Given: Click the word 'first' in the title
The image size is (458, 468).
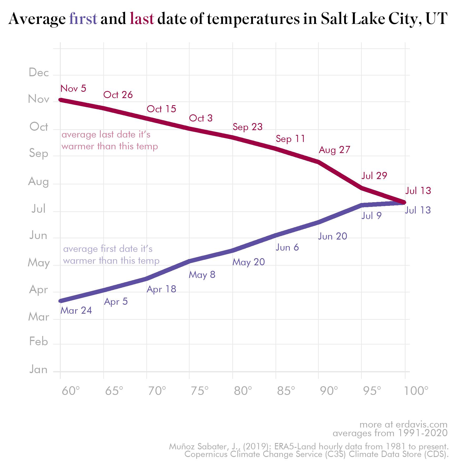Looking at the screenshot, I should click(83, 19).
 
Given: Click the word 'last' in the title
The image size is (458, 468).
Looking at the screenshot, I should click(142, 19).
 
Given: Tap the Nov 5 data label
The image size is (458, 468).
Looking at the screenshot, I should click(73, 89).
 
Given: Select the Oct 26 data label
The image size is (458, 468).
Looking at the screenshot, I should click(118, 95).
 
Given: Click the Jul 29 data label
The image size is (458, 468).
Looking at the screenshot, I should click(374, 176).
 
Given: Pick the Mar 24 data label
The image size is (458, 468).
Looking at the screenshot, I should click(76, 311).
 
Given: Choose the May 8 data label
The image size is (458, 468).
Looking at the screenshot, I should click(202, 275).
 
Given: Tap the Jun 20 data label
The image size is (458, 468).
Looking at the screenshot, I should click(333, 236).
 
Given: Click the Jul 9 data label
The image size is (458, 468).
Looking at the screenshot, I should click(371, 216).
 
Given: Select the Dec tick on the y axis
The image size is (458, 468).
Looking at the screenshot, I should click(39, 73).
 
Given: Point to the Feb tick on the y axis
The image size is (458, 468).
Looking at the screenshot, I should click(39, 342).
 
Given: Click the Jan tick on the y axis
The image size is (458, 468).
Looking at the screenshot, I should click(39, 370).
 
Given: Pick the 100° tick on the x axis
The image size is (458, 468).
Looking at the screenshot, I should click(416, 391).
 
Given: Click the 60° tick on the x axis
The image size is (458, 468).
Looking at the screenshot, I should click(70, 391).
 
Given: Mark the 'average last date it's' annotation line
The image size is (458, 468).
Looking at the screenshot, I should click(106, 135).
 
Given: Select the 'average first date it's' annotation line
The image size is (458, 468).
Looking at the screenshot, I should click(108, 249).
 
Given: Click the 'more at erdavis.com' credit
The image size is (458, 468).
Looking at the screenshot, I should click(403, 424).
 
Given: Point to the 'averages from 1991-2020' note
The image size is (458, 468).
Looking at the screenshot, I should click(390, 433).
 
